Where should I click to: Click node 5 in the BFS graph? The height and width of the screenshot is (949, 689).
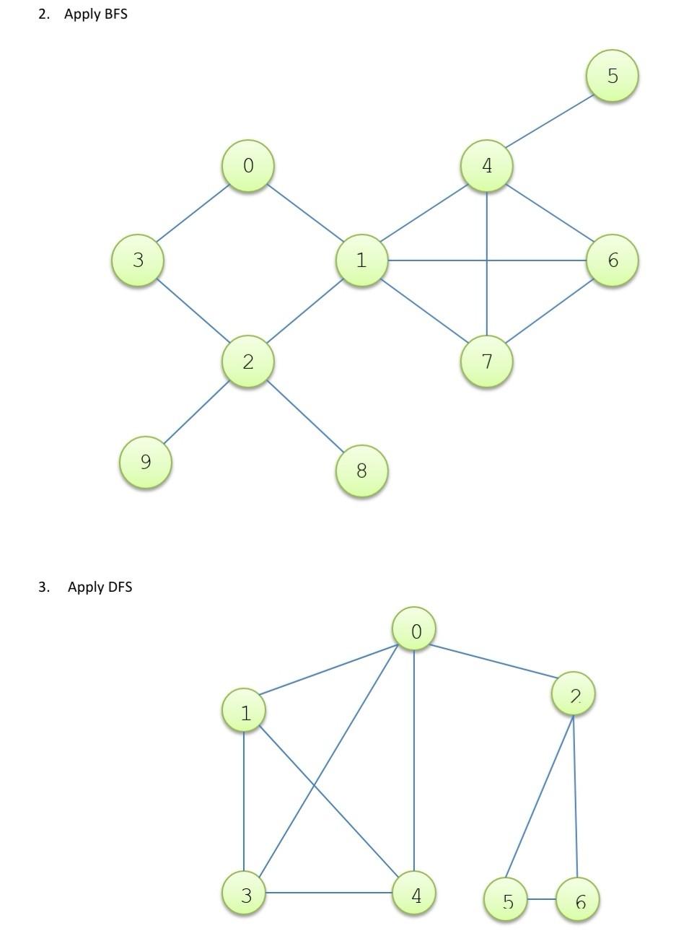(612, 76)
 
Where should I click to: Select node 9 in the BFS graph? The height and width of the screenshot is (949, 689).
(146, 462)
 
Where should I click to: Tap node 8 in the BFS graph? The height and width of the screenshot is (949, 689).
(361, 471)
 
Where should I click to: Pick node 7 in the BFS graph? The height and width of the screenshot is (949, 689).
(486, 361)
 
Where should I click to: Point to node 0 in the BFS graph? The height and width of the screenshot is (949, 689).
(247, 165)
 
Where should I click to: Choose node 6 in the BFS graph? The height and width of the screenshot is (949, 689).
(612, 260)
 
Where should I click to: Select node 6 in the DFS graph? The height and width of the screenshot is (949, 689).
(578, 900)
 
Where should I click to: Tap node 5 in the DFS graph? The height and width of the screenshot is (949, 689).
(506, 900)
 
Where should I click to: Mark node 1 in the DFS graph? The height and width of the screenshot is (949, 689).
(245, 711)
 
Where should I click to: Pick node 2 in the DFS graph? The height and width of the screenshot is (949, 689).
(574, 694)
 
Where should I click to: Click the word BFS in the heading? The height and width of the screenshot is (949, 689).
(115, 14)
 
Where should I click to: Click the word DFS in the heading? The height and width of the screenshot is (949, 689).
(120, 587)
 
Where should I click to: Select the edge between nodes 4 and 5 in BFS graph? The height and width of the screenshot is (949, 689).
(548, 121)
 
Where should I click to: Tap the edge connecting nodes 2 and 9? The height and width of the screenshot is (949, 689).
(196, 411)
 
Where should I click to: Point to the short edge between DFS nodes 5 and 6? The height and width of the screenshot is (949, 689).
(541, 900)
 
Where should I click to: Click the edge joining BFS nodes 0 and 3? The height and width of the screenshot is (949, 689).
(193, 214)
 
